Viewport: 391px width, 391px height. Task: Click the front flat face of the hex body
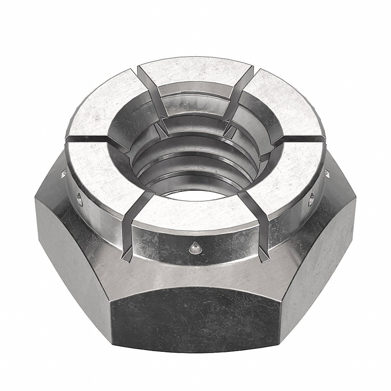tap(195, 313)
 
